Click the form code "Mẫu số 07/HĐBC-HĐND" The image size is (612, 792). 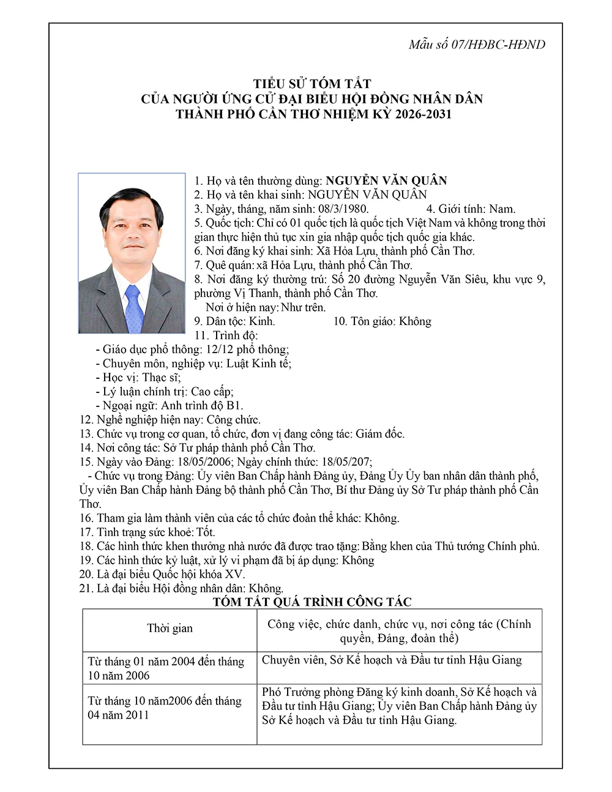[x=477, y=44]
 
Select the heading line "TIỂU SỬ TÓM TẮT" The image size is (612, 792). [x=312, y=84]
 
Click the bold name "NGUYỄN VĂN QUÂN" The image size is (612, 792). [x=386, y=181]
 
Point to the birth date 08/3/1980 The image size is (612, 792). [x=342, y=209]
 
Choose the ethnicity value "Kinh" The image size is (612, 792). [x=262, y=321]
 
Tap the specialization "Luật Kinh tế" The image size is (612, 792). [x=258, y=364]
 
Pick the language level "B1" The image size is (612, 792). [x=234, y=406]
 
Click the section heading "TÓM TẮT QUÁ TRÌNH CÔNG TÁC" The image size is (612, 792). [x=312, y=602]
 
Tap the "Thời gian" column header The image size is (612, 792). [x=170, y=629]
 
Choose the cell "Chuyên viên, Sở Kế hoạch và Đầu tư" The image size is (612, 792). [x=392, y=660]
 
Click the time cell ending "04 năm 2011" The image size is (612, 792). [x=165, y=708]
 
